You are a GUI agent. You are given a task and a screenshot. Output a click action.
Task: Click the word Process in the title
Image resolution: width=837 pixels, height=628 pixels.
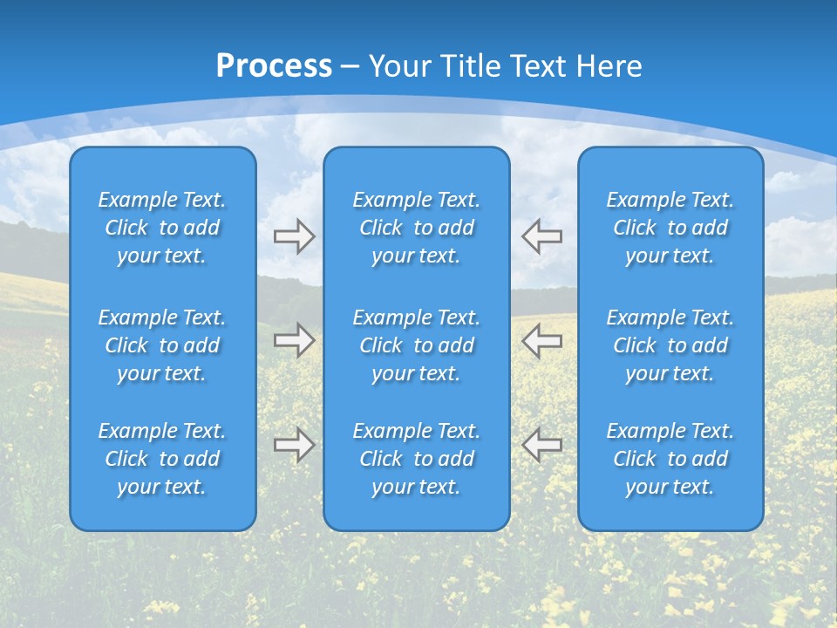[x=274, y=65]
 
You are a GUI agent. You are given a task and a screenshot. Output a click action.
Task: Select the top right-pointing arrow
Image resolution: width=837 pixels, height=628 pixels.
[x=295, y=236]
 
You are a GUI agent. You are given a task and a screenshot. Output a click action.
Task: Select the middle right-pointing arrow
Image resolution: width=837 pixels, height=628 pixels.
[x=295, y=340]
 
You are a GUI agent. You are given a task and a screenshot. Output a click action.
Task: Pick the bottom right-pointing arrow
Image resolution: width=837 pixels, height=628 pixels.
[x=295, y=445]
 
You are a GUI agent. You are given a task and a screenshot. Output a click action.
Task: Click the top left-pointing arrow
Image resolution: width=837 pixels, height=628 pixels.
[x=541, y=236]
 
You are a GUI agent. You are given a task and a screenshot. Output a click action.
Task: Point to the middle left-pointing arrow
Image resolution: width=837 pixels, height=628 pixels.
[x=541, y=340]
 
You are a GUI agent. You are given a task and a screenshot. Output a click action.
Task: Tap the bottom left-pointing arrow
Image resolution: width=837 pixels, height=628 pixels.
[x=541, y=445]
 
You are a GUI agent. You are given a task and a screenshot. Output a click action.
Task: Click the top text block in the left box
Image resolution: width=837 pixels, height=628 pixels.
[x=162, y=228]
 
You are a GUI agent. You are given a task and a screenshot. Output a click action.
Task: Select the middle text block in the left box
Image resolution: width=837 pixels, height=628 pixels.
[x=162, y=345]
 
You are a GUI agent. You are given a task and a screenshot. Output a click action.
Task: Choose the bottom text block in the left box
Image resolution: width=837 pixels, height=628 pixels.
[x=162, y=459]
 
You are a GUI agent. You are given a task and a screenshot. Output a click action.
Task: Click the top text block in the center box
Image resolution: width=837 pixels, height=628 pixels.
[x=416, y=228]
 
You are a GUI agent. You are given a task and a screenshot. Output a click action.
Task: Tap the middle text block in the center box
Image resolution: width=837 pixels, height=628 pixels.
[x=416, y=345]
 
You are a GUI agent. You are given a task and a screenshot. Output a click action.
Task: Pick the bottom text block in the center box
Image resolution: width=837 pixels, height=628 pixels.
[x=416, y=459]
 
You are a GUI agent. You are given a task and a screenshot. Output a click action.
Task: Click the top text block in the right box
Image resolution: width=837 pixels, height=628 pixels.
[x=670, y=228]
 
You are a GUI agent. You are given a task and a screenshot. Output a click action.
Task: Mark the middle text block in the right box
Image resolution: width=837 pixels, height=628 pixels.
[x=670, y=345]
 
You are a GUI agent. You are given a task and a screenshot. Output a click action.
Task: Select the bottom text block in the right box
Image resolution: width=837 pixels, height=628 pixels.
[x=670, y=459]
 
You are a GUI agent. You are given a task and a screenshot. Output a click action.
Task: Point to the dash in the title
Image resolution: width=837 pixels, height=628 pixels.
[x=350, y=67]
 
